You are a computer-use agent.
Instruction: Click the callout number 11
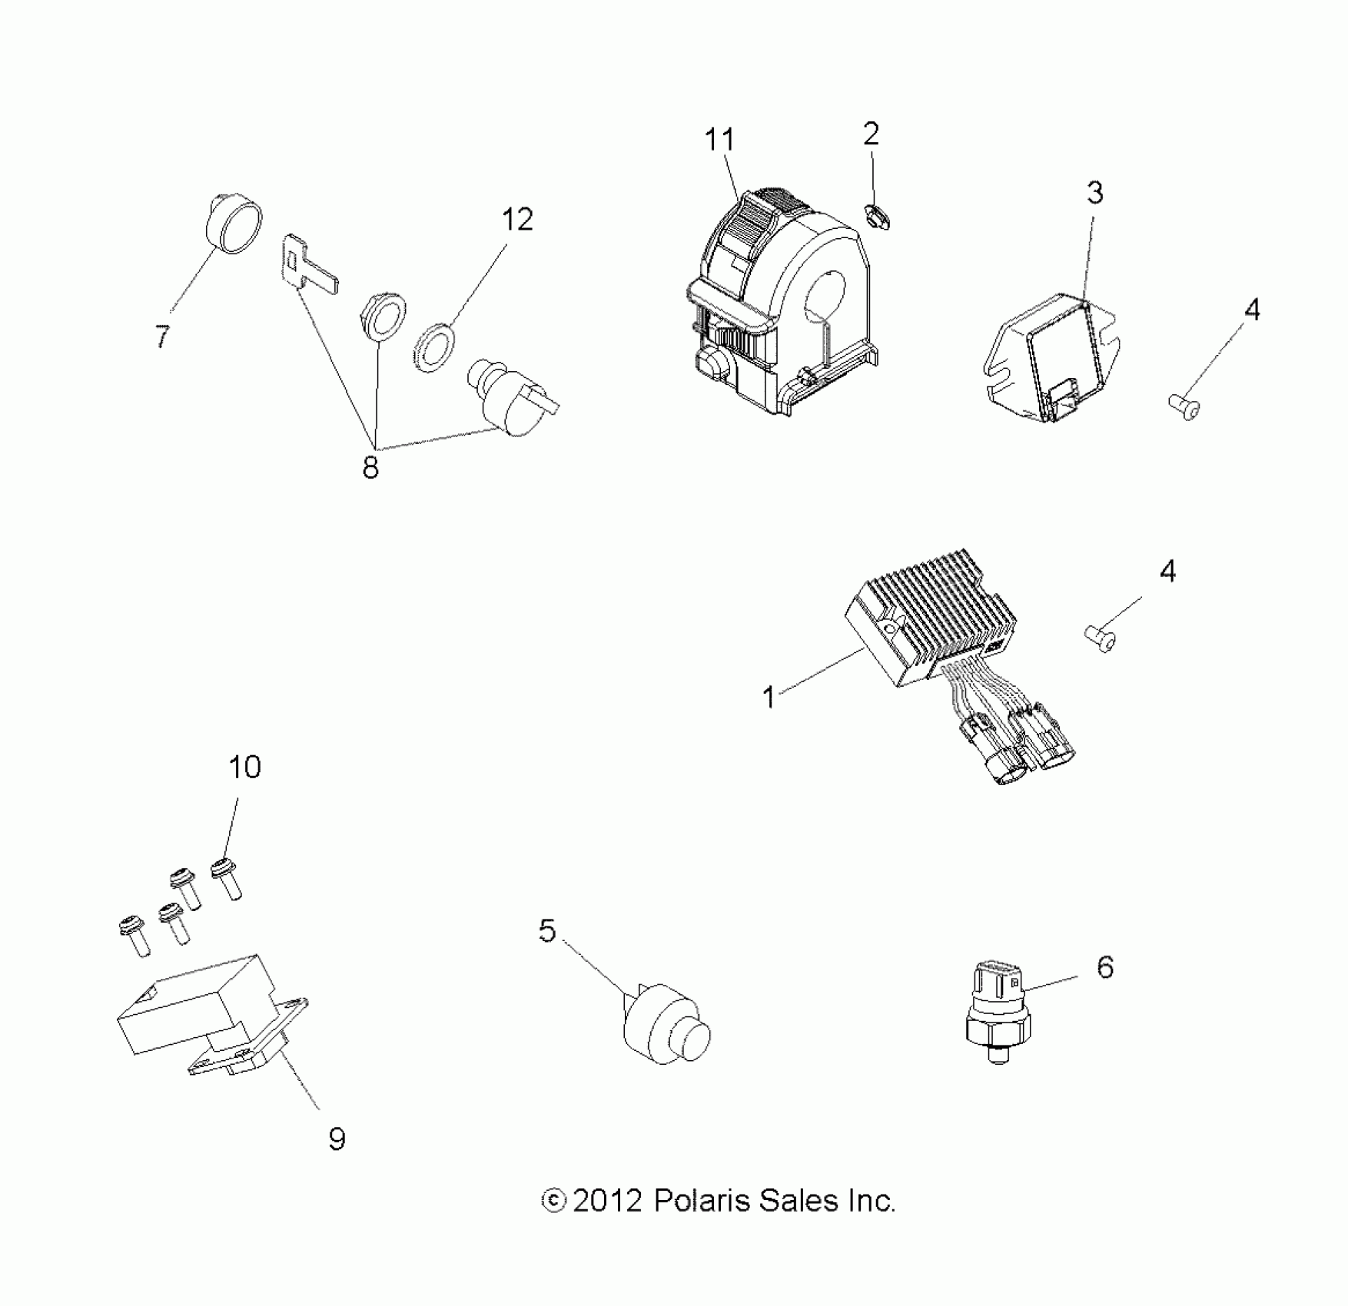719,141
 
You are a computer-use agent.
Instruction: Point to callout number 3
1094,193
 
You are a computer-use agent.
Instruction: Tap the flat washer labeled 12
434,347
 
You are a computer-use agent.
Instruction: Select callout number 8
370,466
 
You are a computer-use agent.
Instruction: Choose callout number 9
337,1139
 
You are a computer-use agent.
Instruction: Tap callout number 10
244,767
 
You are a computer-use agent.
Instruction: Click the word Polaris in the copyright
702,1200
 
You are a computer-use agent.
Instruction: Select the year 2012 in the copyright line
607,1200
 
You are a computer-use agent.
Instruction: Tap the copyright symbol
553,1200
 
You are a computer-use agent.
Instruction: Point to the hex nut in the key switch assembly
383,316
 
